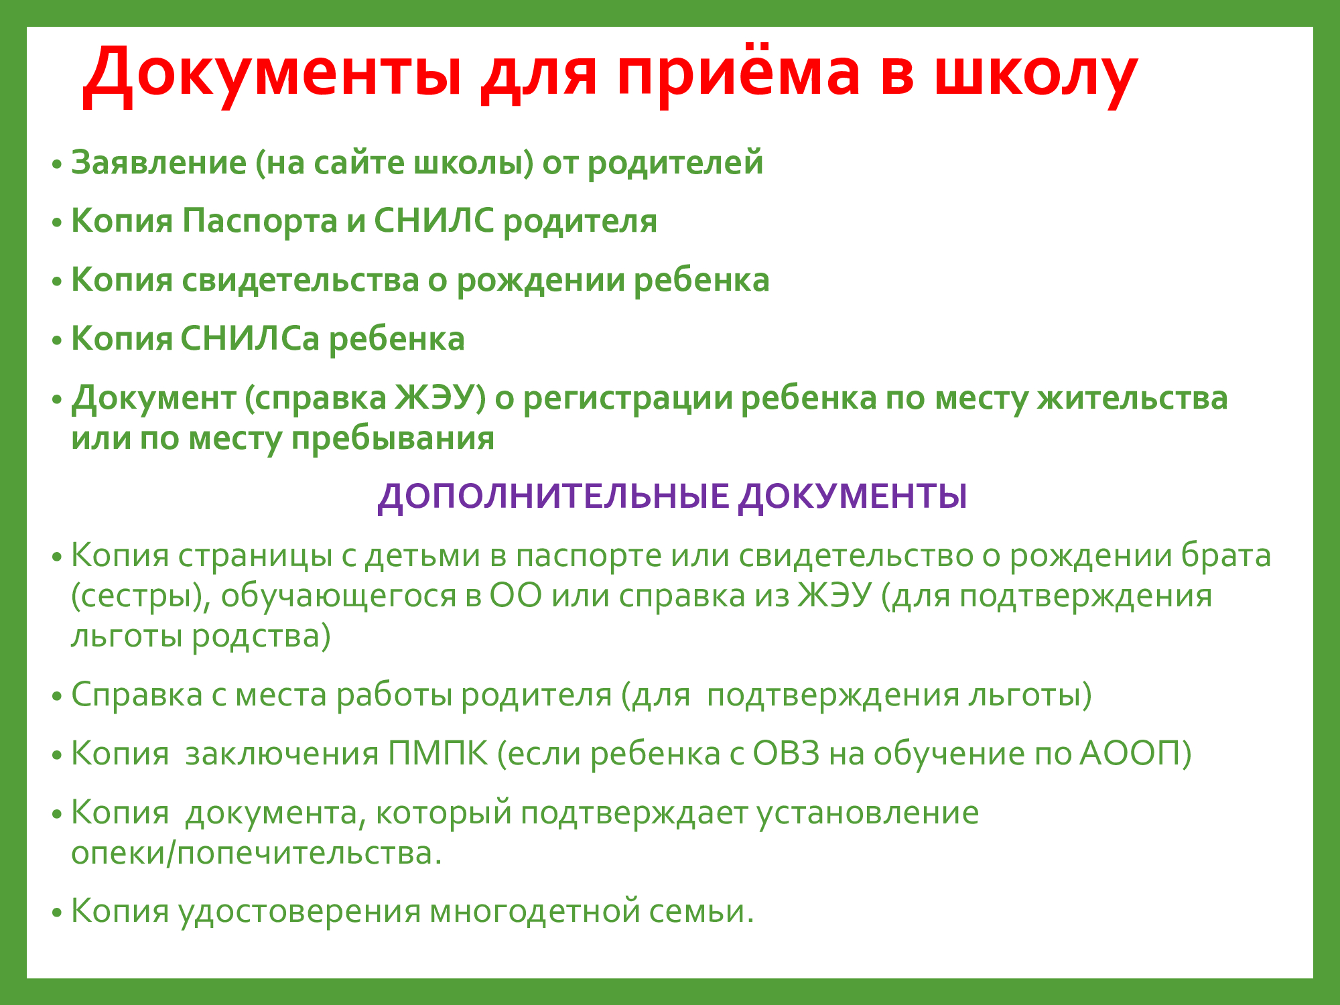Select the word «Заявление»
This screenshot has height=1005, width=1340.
click(x=159, y=163)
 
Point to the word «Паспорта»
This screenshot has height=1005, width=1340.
click(x=260, y=221)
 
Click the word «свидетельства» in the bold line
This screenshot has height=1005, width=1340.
click(x=300, y=280)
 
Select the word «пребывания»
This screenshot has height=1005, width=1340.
click(x=393, y=440)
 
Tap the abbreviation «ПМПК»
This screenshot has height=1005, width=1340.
click(x=438, y=753)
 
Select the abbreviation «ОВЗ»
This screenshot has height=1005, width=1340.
click(x=786, y=753)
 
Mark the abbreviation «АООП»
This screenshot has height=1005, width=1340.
click(x=1136, y=753)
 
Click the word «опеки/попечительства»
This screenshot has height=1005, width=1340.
click(x=257, y=853)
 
